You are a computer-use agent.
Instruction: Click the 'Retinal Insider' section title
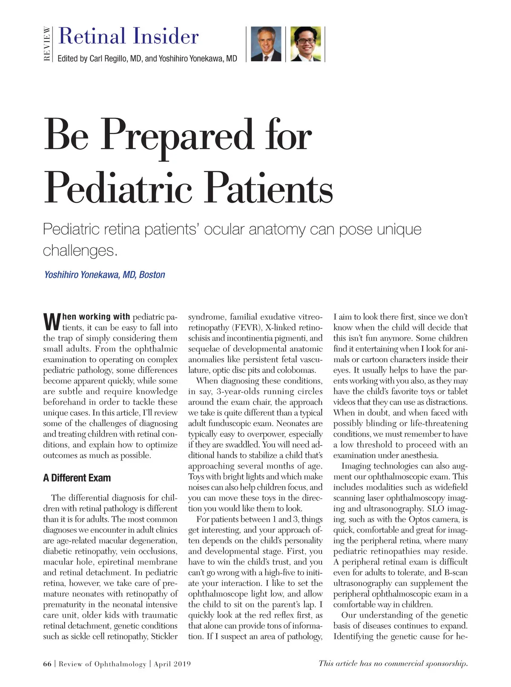pyautogui.click(x=128, y=36)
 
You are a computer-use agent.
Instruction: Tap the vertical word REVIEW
pyautogui.click(x=47, y=44)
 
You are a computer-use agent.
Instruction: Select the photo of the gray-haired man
pyautogui.click(x=266, y=44)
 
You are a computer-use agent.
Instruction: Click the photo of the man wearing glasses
pyautogui.click(x=305, y=44)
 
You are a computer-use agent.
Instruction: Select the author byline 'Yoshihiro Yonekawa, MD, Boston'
pyautogui.click(x=104, y=275)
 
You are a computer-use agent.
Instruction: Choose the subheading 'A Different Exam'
pyautogui.click(x=77, y=478)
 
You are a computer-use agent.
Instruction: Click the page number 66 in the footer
pyautogui.click(x=47, y=664)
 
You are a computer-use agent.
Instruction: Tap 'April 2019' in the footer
pyautogui.click(x=172, y=664)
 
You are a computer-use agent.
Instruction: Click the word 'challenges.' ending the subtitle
pyautogui.click(x=80, y=250)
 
